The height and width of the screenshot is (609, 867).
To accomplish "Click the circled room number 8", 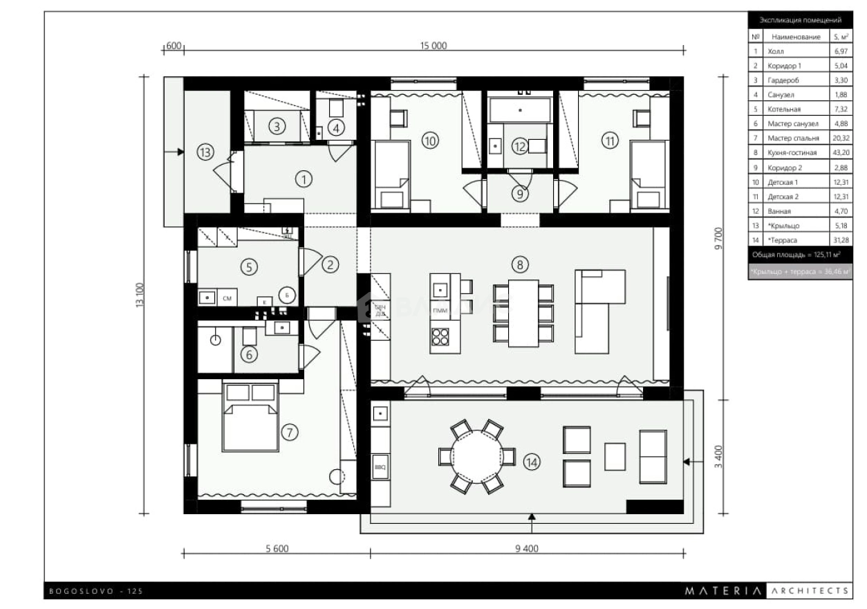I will click(x=520, y=264).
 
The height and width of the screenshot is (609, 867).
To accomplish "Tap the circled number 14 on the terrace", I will click(x=532, y=462).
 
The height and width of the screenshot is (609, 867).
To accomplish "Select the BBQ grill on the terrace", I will click(x=380, y=466).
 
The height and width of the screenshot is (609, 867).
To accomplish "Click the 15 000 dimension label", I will click(x=433, y=46).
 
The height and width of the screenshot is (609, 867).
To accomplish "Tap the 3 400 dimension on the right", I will click(x=718, y=457).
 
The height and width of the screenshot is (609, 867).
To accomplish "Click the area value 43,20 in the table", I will click(x=840, y=152).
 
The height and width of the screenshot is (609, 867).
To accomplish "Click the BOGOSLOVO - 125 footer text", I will click(x=96, y=591).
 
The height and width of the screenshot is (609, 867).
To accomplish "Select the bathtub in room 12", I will click(x=520, y=109).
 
